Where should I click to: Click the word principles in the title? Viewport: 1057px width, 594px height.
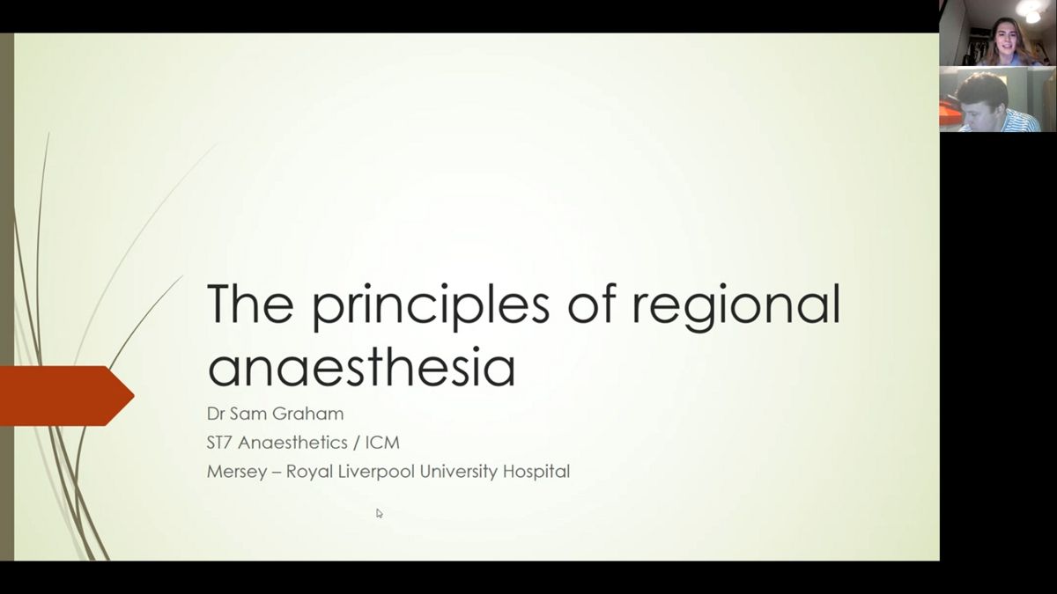431,305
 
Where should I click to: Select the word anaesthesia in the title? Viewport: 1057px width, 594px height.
361,367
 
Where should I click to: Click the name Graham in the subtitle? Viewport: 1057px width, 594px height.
307,414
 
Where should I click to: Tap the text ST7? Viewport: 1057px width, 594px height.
219,443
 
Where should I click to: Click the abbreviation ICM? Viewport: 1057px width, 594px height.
382,443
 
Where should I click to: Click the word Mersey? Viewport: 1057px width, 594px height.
236,472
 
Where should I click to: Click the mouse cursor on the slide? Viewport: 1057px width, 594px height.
380,513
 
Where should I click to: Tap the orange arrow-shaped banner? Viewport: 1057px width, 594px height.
67,396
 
